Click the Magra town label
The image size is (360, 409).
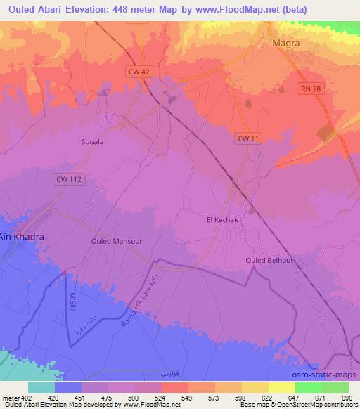tap(285, 43)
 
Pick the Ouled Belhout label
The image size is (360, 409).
tap(270, 260)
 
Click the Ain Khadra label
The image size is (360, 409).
tap(22, 237)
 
